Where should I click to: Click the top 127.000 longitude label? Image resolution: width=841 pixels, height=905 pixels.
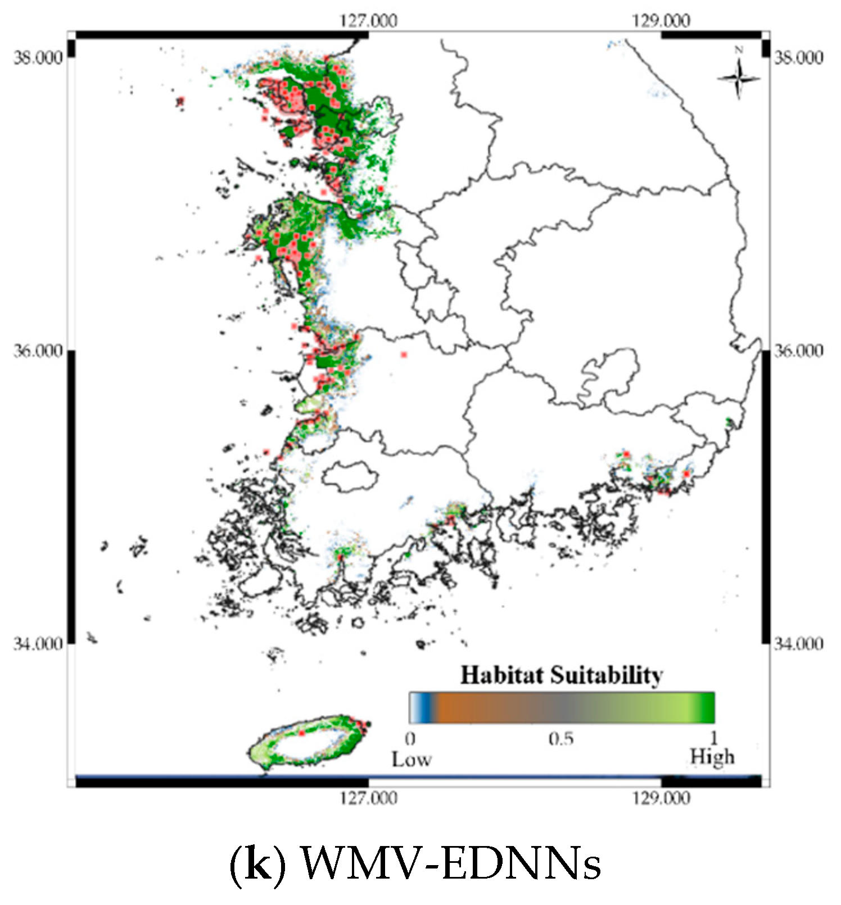[x=368, y=21]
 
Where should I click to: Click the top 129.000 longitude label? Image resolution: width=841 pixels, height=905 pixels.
[x=661, y=21]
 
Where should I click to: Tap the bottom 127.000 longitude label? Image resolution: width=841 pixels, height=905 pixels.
[x=368, y=798]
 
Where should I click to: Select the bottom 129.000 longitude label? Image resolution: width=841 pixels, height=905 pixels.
[x=661, y=798]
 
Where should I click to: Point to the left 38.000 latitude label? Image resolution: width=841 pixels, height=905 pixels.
[x=38, y=57]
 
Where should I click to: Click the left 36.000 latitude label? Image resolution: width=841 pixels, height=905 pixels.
[x=38, y=351]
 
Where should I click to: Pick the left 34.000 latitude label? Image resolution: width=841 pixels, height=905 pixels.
[x=38, y=643]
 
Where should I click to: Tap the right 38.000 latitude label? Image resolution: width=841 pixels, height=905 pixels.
[x=798, y=57]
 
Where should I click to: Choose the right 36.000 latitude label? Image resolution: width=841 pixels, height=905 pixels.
[x=798, y=351]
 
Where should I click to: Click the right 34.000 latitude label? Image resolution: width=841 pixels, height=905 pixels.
[x=798, y=643]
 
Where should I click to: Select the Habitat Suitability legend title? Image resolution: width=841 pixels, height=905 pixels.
[x=562, y=675]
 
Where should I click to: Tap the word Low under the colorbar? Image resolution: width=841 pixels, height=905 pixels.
[x=412, y=760]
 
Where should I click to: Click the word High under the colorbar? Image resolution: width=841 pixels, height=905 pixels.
[x=712, y=757]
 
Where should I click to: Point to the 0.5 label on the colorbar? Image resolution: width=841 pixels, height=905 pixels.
[x=561, y=738]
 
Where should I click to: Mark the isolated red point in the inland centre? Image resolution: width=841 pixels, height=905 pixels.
[x=404, y=354]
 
